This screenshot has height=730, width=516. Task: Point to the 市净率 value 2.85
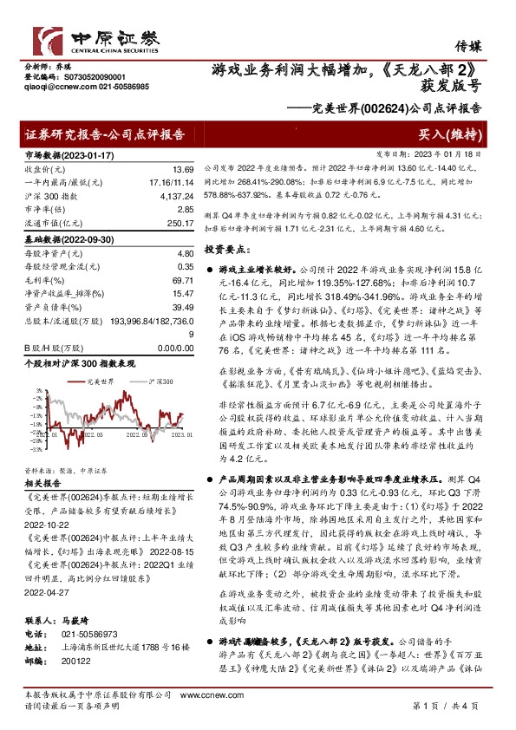tap(183, 210)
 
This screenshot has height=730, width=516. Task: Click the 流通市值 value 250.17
tap(180, 224)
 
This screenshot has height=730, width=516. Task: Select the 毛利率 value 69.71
tap(181, 283)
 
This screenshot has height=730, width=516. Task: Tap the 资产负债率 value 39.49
tap(181, 307)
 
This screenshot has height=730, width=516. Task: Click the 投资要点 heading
tap(227, 249)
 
